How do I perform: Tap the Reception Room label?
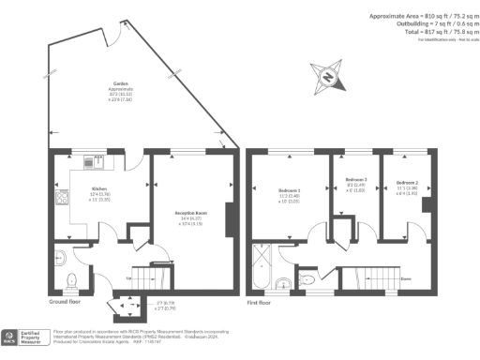pyautogui.click(x=190, y=213)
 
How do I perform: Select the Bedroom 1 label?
pyautogui.click(x=290, y=191)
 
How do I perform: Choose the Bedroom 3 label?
pyautogui.click(x=355, y=179)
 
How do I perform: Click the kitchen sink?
pyautogui.click(x=90, y=161)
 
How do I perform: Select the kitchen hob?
pyautogui.click(x=62, y=199)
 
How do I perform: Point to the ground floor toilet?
pyautogui.click(x=71, y=278)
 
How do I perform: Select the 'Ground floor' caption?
pyautogui.click(x=67, y=302)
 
